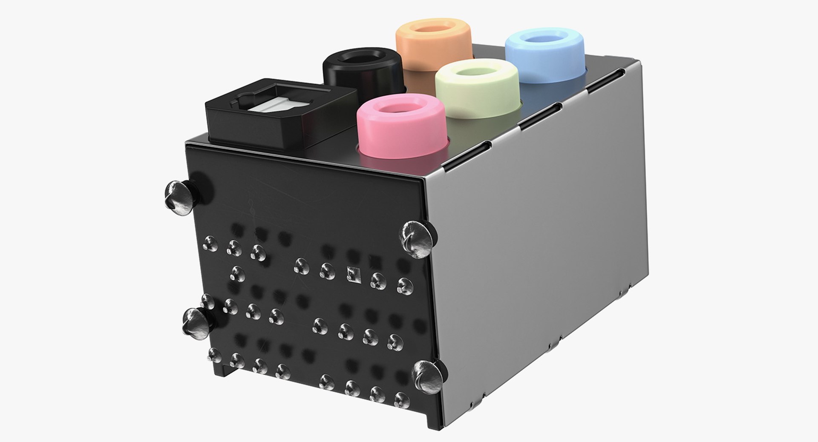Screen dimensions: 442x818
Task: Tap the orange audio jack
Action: [x=433, y=43]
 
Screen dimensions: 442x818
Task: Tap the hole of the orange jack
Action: [x=433, y=30]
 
